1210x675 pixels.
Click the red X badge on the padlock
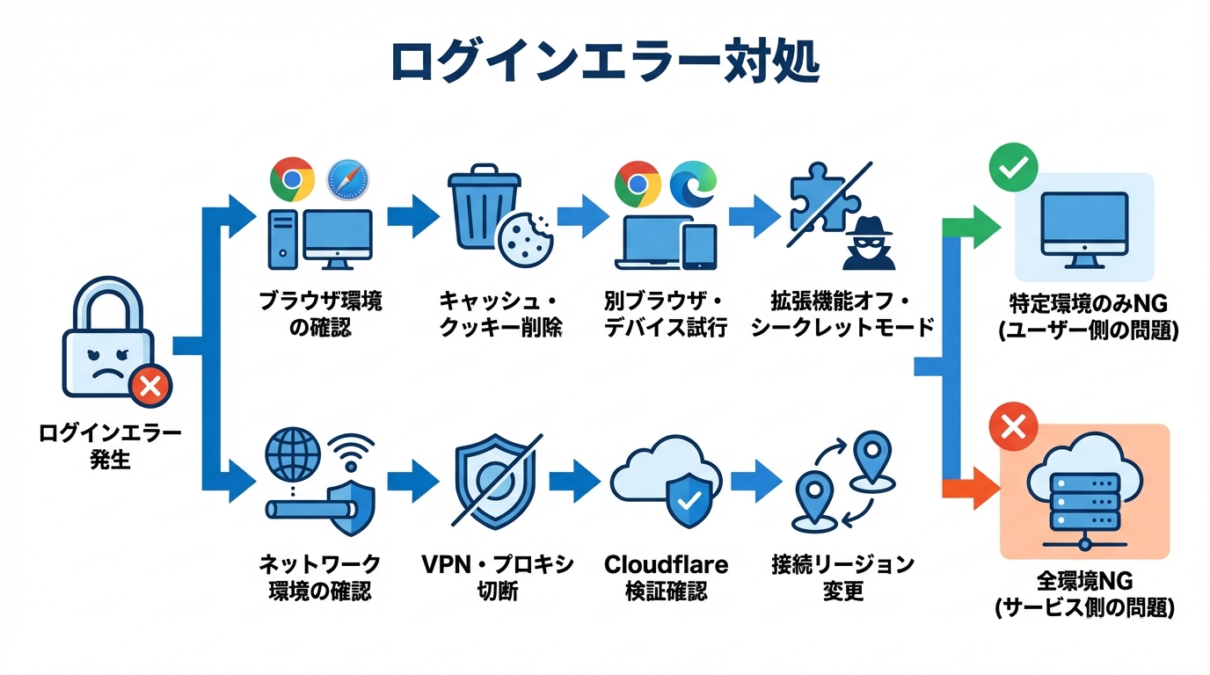pos(149,385)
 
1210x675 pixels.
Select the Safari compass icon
pos(347,179)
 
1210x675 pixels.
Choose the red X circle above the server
pos(1013,428)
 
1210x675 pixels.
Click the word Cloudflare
pos(667,563)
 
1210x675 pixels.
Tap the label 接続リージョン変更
pos(842,577)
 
